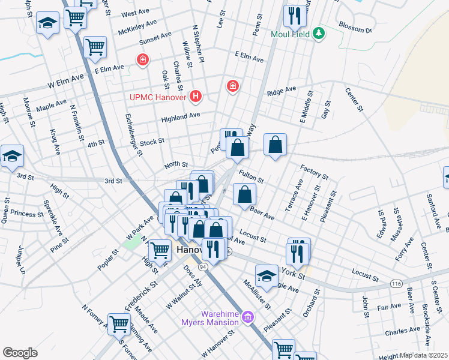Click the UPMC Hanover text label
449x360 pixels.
pos(159,96)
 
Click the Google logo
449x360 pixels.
pos(20,353)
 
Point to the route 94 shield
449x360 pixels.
pos(203,266)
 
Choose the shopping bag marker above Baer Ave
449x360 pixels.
pos(245,194)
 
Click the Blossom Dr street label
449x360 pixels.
pos(355,29)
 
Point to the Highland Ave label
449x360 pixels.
pos(180,118)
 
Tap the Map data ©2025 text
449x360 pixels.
pos(424,355)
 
